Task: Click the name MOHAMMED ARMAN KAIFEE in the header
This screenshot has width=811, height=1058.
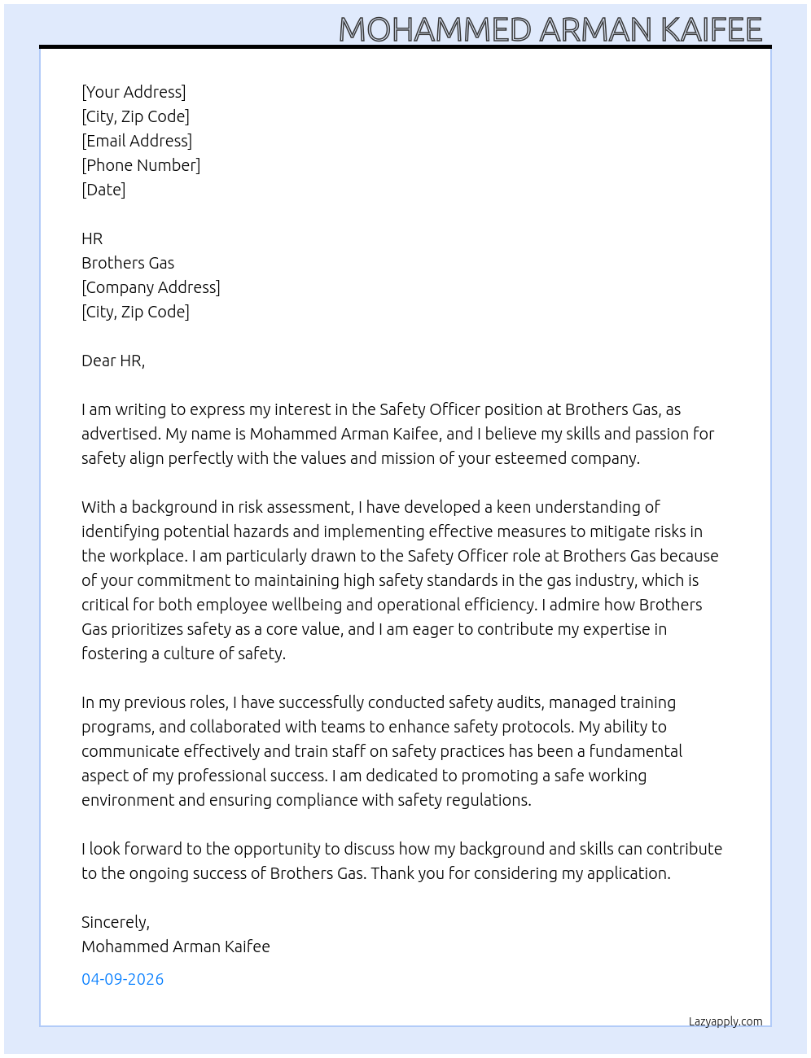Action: pos(550,30)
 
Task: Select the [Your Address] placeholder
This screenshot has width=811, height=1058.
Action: pos(134,92)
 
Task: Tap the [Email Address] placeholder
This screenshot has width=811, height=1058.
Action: pos(137,141)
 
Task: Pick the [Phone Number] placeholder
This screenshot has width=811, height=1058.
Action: pos(141,165)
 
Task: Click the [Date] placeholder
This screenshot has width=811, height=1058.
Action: pos(103,190)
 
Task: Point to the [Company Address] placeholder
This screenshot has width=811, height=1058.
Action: pos(151,287)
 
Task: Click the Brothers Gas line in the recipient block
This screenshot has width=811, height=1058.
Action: pos(128,263)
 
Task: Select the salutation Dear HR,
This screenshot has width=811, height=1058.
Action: pos(113,361)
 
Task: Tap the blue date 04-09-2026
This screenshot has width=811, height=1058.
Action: pos(122,979)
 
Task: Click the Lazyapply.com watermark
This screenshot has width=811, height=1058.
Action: pos(726,1021)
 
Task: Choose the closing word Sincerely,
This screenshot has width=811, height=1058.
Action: pos(116,922)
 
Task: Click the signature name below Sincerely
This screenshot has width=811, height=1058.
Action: pos(176,947)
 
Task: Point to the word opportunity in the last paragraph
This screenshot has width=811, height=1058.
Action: pos(278,849)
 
